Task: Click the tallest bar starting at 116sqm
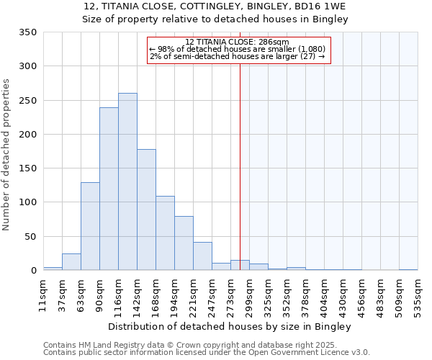pyautogui.click(x=127, y=181)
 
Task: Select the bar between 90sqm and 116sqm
pyautogui.click(x=109, y=189)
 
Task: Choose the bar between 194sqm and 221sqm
pyautogui.click(x=184, y=243)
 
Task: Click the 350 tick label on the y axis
pyautogui.click(x=27, y=32)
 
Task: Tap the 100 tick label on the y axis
pyautogui.click(x=27, y=202)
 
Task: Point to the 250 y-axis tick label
pyautogui.click(x=27, y=100)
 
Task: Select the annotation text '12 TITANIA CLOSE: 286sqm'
pyautogui.click(x=237, y=42)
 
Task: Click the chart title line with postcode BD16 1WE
pyautogui.click(x=215, y=6)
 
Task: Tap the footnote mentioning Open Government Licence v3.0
pyautogui.click(x=207, y=352)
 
